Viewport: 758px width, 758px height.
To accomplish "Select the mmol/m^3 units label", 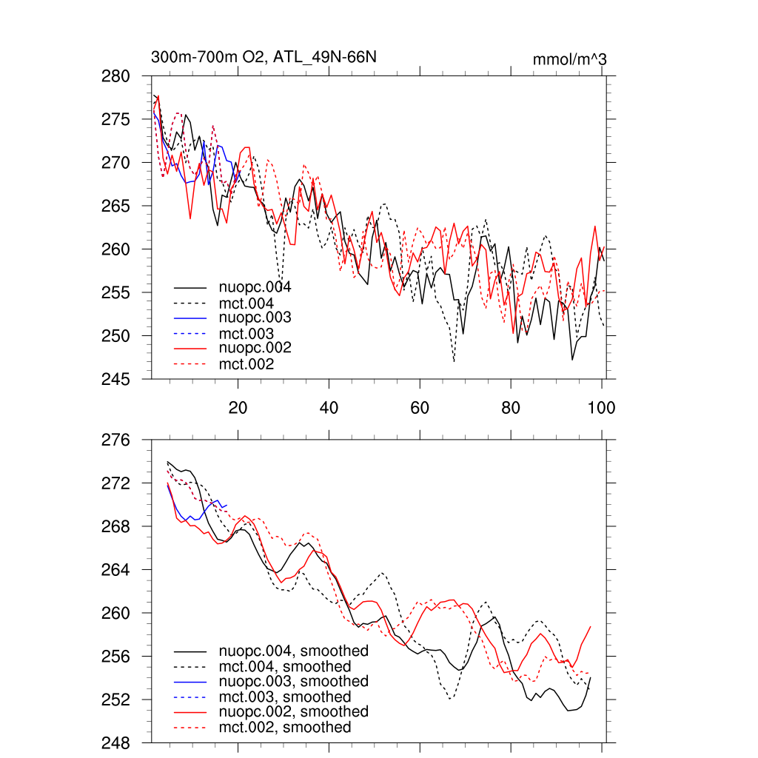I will click(569, 59).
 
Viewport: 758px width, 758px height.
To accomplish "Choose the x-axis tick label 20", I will click(238, 407).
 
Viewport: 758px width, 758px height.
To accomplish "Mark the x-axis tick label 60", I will click(420, 407).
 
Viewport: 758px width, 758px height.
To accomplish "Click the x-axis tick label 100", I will click(601, 407).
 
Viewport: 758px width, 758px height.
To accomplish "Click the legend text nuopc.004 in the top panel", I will click(255, 286).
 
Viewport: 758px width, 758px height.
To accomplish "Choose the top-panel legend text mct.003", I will click(246, 333).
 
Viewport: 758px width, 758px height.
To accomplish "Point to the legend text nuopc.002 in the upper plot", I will click(255, 348).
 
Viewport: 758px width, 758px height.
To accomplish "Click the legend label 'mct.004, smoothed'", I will click(285, 666).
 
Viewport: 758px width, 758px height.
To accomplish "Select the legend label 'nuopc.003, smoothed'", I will click(293, 681).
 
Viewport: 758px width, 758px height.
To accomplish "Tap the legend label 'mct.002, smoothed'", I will click(285, 728).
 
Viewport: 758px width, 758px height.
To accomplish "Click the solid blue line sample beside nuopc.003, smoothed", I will click(189, 681).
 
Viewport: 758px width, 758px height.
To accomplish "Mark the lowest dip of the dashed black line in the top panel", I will click(454, 361).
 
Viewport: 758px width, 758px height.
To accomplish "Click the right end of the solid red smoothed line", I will click(591, 626).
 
